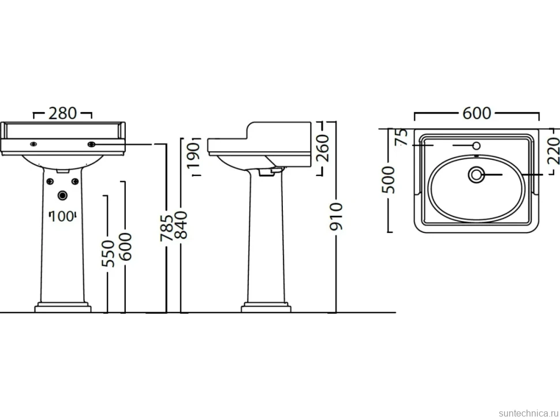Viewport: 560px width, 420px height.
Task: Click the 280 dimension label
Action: (62, 114)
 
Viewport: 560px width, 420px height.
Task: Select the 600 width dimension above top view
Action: (477, 113)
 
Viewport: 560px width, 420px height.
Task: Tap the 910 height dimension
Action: (336, 216)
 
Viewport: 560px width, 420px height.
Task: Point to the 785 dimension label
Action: (166, 228)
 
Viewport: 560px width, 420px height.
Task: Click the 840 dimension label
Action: (181, 225)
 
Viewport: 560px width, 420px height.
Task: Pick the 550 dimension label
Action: (108, 253)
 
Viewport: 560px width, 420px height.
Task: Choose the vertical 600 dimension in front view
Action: (125, 246)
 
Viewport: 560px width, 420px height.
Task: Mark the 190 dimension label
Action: (194, 156)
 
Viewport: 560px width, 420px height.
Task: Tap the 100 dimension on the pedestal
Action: (62, 216)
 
